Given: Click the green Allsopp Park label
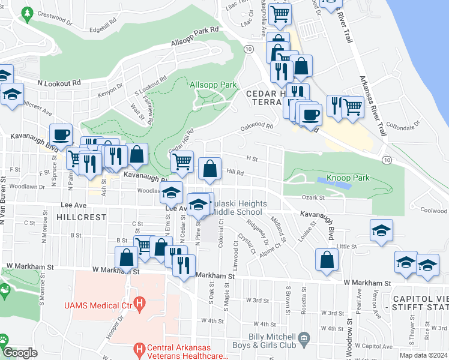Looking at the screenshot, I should (x=213, y=85).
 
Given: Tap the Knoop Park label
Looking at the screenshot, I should (x=348, y=178).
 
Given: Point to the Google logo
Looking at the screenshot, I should (x=20, y=353).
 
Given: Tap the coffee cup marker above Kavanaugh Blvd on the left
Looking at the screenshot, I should (x=61, y=134).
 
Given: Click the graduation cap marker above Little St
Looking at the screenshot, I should (x=380, y=230).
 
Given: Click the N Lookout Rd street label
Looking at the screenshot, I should (x=59, y=83).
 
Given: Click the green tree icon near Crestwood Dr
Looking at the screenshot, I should (x=26, y=13).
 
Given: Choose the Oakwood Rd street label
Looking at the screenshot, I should (x=256, y=127).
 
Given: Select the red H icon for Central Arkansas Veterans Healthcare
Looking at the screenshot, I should (x=140, y=349).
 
